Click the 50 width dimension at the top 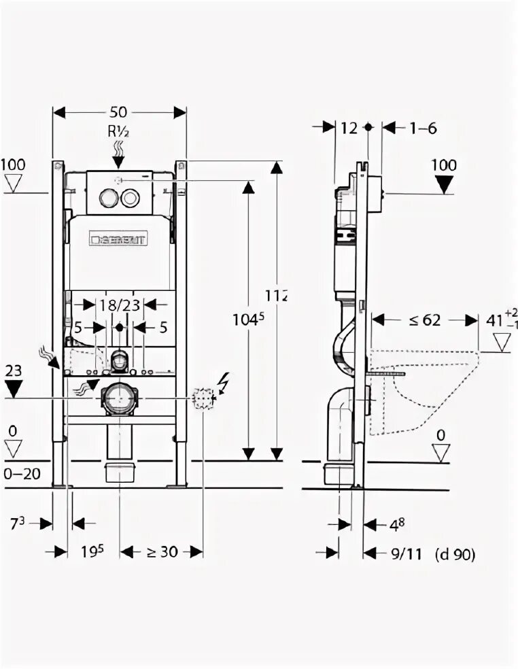(x=120, y=112)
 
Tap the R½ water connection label (x=118, y=132)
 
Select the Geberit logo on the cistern (x=119, y=239)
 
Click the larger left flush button (x=107, y=198)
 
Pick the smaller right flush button (x=130, y=198)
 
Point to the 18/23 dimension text (x=121, y=305)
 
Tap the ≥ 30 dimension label (x=159, y=551)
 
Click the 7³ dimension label (x=18, y=523)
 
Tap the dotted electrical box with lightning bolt (x=203, y=398)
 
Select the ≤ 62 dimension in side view (x=425, y=320)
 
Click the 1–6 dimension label (x=424, y=127)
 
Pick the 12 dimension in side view (x=349, y=127)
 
